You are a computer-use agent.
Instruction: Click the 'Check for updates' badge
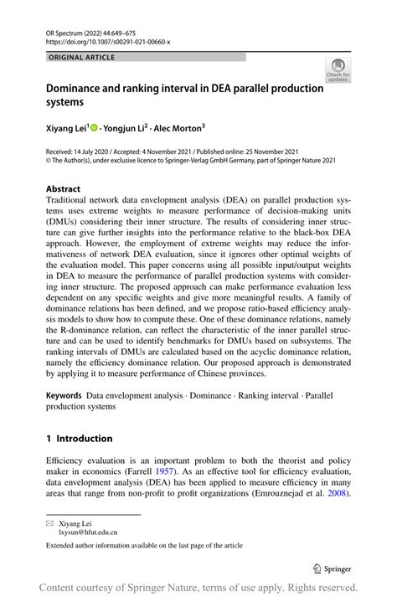click(x=338, y=70)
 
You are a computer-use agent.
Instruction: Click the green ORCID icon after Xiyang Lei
click(x=94, y=128)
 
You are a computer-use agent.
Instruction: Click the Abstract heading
click(x=64, y=189)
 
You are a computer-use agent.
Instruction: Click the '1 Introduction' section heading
click(x=79, y=439)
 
